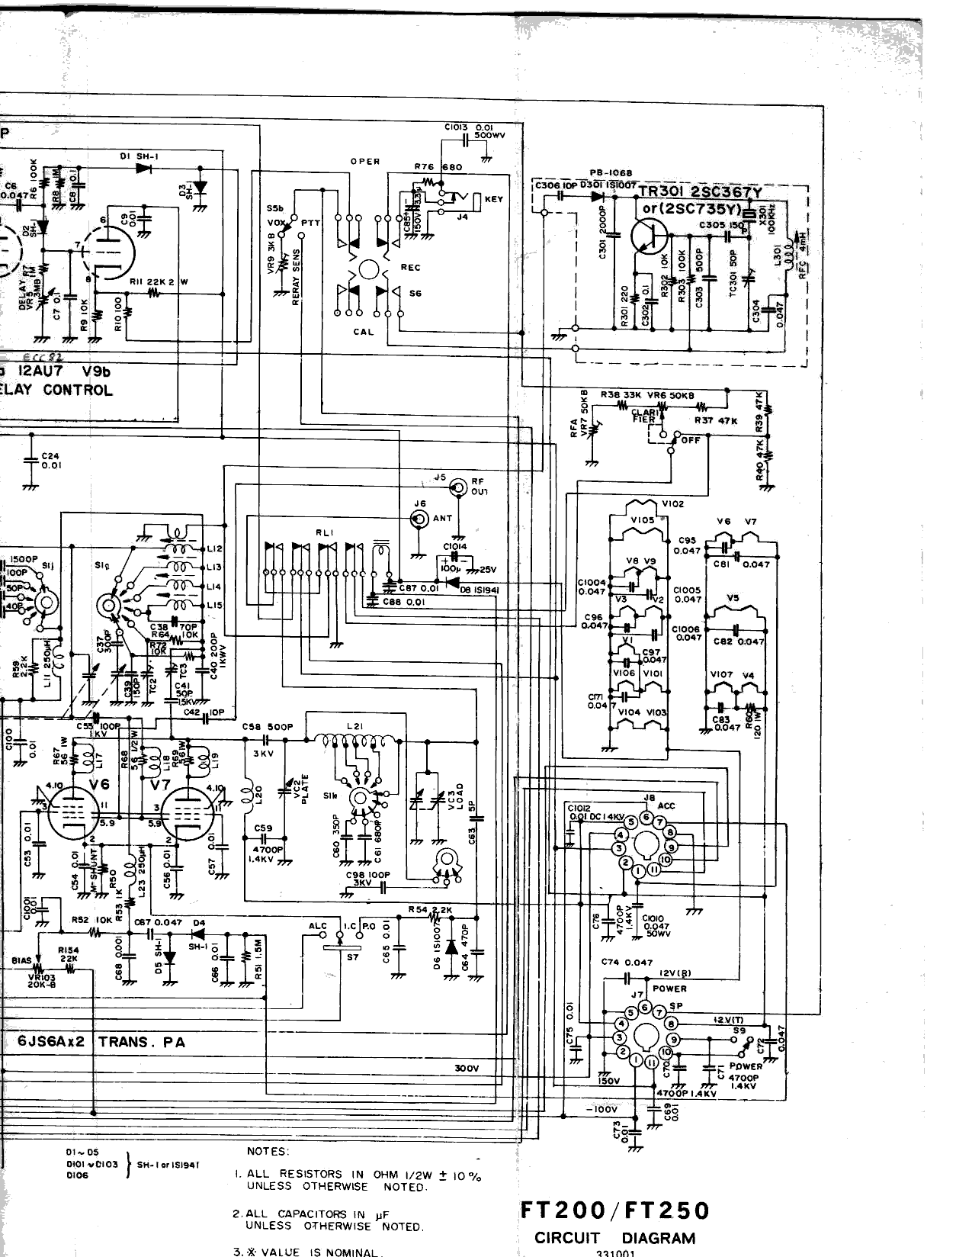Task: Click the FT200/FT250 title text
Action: (x=614, y=1210)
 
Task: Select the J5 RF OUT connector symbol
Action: (x=457, y=486)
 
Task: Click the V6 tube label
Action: (x=99, y=785)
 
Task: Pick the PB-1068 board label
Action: (x=610, y=173)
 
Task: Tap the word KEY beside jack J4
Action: (x=493, y=200)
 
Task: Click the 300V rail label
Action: (x=467, y=1068)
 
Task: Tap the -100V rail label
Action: (x=601, y=1109)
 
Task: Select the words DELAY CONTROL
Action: (x=57, y=391)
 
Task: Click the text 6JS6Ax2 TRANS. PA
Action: (x=101, y=1042)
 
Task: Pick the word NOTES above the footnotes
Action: (x=268, y=1151)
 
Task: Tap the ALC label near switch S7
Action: (x=317, y=926)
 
